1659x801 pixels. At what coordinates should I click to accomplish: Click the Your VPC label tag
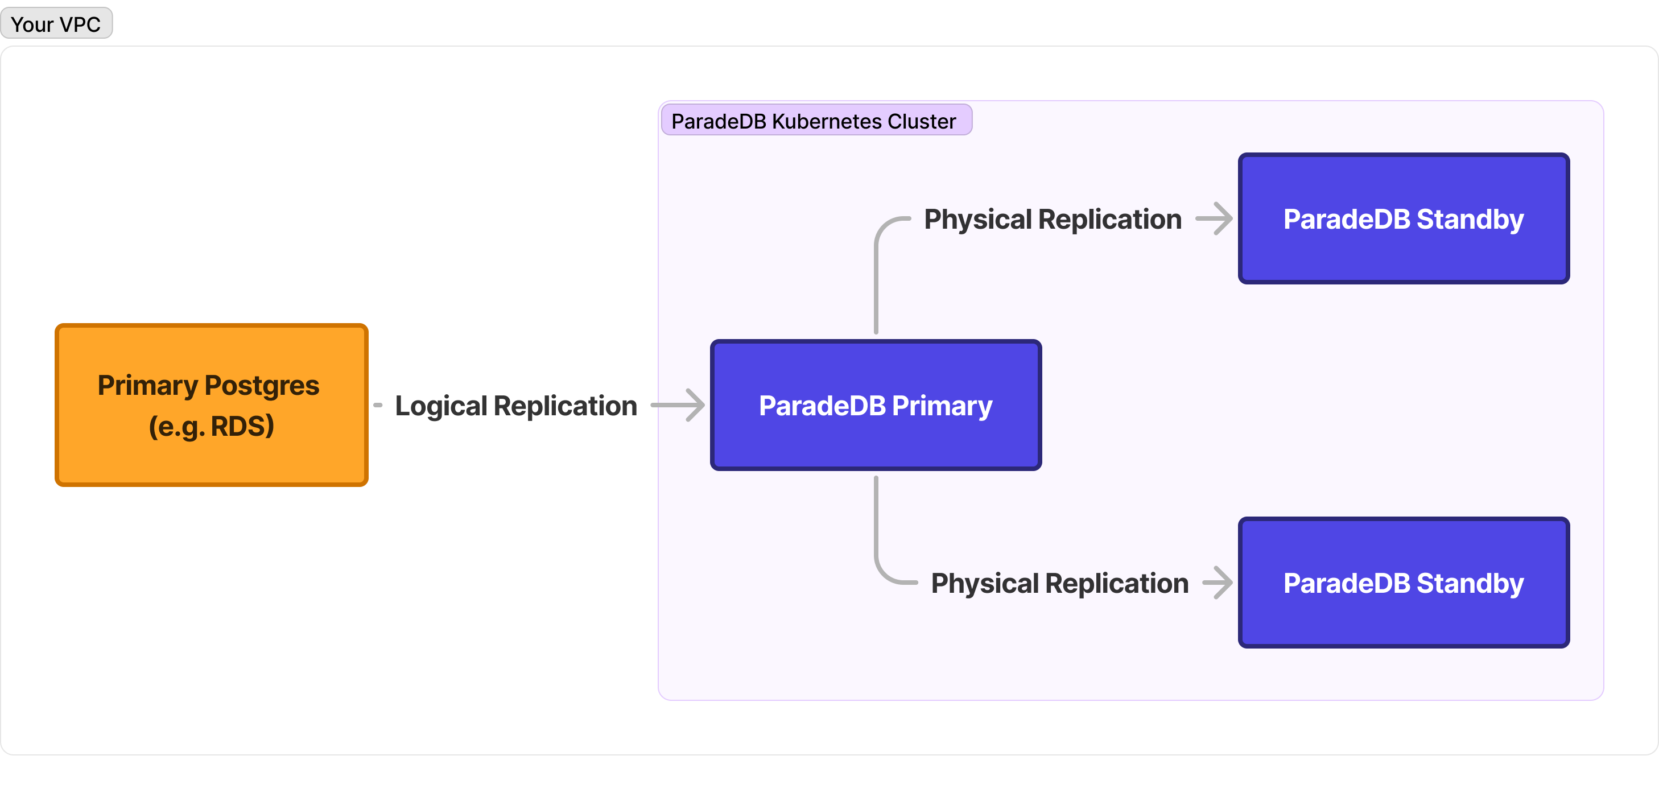pyautogui.click(x=56, y=24)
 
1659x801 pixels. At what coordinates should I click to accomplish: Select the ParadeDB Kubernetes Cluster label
pyautogui.click(x=815, y=121)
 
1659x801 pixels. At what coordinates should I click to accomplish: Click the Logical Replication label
pyautogui.click(x=516, y=406)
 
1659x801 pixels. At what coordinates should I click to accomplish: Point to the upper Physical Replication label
pyautogui.click(x=1053, y=219)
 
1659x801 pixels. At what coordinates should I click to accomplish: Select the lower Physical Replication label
pyautogui.click(x=1059, y=583)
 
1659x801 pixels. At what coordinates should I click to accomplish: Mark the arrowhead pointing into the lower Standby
pyautogui.click(x=1223, y=583)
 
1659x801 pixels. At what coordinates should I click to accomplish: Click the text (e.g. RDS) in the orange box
pyautogui.click(x=211, y=426)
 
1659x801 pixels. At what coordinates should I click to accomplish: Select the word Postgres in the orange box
pyautogui.click(x=262, y=385)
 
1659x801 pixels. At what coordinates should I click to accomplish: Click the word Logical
pyautogui.click(x=441, y=406)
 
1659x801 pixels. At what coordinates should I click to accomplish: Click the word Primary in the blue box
pyautogui.click(x=942, y=406)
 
